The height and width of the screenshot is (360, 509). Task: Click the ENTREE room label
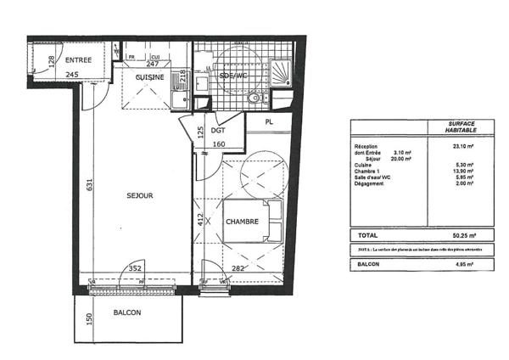(x=79, y=59)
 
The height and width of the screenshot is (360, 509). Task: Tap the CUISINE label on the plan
(x=149, y=76)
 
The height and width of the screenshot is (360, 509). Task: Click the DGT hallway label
(x=218, y=132)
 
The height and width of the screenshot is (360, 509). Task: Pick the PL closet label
(x=269, y=123)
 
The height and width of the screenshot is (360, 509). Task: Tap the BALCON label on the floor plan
(x=127, y=312)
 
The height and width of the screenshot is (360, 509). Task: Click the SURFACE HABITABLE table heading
(x=462, y=127)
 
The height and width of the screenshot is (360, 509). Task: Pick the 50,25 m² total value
(x=462, y=234)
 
